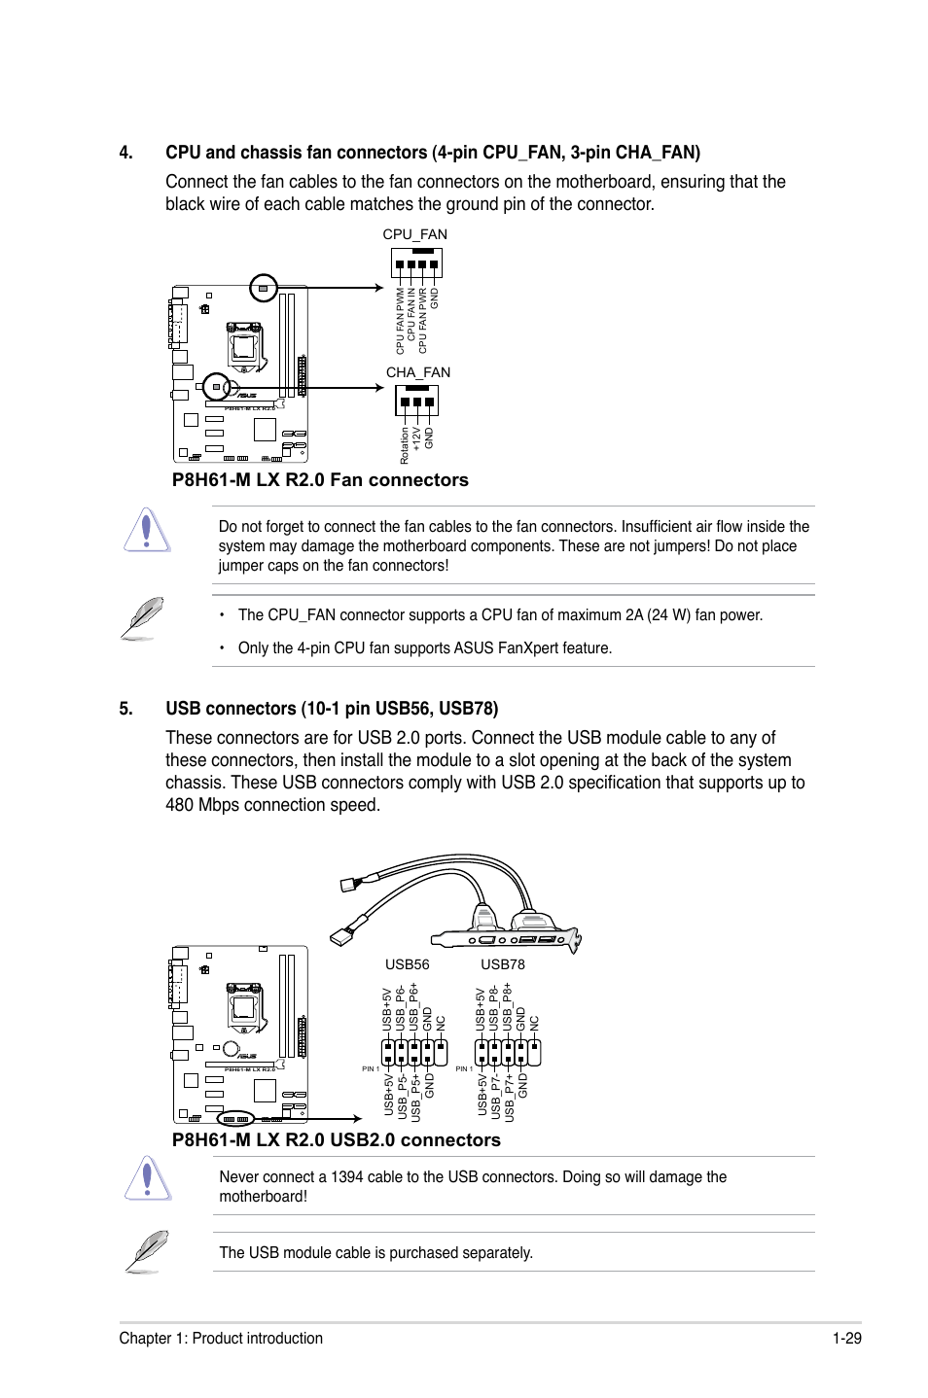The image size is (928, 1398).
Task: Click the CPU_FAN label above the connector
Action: (414, 234)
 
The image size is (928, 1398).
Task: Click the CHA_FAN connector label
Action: (417, 372)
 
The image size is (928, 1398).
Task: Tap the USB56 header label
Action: (407, 964)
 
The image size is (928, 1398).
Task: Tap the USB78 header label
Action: (502, 964)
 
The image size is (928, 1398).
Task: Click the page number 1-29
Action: (846, 1338)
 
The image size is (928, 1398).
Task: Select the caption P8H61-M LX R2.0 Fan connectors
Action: (320, 480)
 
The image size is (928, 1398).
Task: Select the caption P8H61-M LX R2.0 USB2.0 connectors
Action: (336, 1140)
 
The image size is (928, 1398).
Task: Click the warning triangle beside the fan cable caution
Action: (147, 531)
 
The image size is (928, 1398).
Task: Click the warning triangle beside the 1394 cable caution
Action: (147, 1179)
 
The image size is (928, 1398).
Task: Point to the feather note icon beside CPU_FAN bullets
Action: (142, 618)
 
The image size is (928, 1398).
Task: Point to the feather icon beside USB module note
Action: (146, 1251)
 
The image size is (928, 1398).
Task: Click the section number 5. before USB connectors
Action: (125, 709)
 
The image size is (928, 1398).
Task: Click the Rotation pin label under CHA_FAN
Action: (405, 446)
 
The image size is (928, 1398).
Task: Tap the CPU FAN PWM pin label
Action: (400, 321)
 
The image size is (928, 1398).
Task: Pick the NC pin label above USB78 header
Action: (534, 1023)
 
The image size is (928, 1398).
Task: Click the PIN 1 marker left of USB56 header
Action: (371, 1068)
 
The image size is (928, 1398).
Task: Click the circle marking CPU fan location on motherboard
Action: (264, 288)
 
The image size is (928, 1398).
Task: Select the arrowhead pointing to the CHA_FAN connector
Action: (378, 388)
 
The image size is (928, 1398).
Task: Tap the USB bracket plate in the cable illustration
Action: (506, 939)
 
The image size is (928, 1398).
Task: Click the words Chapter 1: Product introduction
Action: (221, 1338)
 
